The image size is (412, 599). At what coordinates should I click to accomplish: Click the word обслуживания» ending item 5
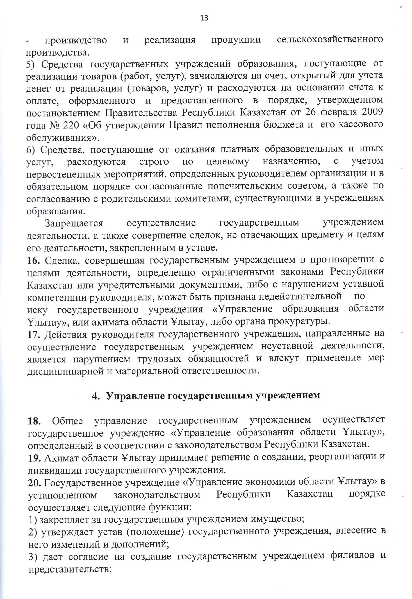63,137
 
